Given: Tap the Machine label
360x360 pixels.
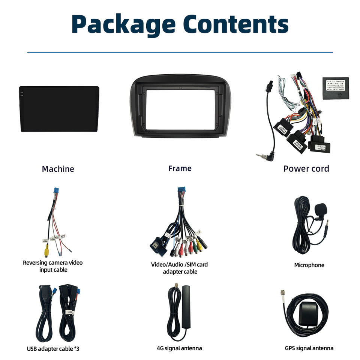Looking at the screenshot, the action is click(x=58, y=169).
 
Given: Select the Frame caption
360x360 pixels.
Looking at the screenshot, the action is click(x=180, y=168).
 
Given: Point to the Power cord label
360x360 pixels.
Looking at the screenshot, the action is click(x=306, y=168).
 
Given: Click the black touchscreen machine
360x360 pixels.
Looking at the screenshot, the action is click(x=59, y=109).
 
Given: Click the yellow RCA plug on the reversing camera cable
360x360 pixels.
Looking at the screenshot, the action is click(x=46, y=249).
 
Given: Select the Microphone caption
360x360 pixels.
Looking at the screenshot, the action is click(x=309, y=265).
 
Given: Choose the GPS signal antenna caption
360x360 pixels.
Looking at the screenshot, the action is click(x=309, y=348).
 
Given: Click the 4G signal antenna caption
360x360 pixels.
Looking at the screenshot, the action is click(x=179, y=348).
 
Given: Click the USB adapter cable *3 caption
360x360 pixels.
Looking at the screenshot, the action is click(x=53, y=349).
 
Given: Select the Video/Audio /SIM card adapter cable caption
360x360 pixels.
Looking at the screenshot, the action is click(x=179, y=268).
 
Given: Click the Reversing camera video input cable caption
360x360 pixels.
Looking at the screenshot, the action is click(x=53, y=266).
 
